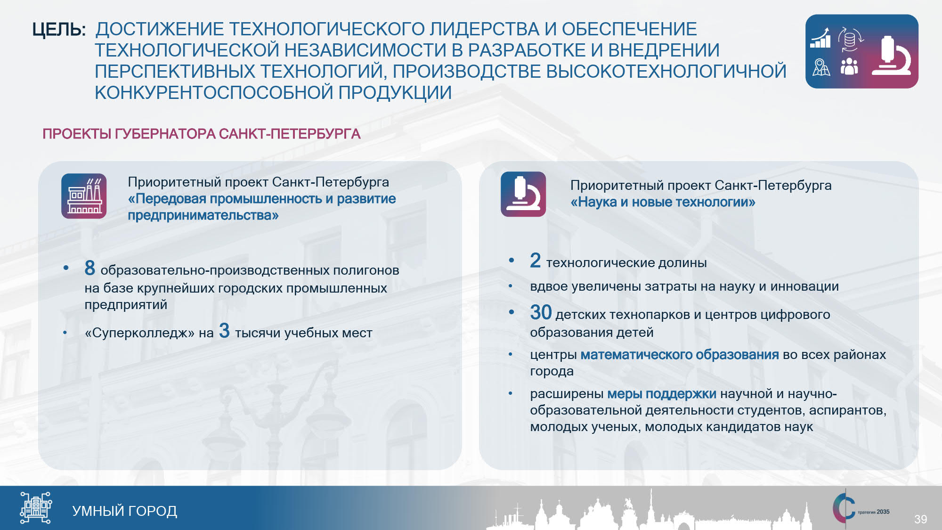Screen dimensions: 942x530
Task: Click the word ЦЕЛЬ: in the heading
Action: (x=59, y=30)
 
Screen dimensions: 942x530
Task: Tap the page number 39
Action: (x=920, y=519)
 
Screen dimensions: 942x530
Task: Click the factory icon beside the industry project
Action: (x=84, y=196)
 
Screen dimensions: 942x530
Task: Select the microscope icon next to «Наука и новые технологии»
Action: (x=523, y=194)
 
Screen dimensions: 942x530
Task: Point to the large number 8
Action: (x=90, y=268)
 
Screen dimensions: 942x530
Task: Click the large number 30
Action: (x=541, y=312)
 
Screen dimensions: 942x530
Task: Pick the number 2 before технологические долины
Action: (x=535, y=260)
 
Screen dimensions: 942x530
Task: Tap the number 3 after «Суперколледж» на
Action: (x=224, y=331)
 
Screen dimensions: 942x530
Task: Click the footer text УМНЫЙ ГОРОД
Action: (x=125, y=511)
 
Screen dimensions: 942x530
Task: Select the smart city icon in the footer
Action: (x=36, y=508)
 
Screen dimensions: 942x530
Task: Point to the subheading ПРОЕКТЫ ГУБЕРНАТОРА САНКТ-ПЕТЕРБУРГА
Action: (x=202, y=134)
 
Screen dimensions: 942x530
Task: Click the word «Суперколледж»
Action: (x=139, y=333)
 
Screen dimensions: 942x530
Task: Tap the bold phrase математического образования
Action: (x=680, y=354)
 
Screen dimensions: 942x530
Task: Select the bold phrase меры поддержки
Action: (x=662, y=393)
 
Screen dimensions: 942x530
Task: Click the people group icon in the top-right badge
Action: (x=849, y=66)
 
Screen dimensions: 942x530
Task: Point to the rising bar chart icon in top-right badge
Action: (x=820, y=38)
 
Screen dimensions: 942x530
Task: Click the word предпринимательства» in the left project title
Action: (x=203, y=215)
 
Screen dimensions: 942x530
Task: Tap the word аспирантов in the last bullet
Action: (x=847, y=411)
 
